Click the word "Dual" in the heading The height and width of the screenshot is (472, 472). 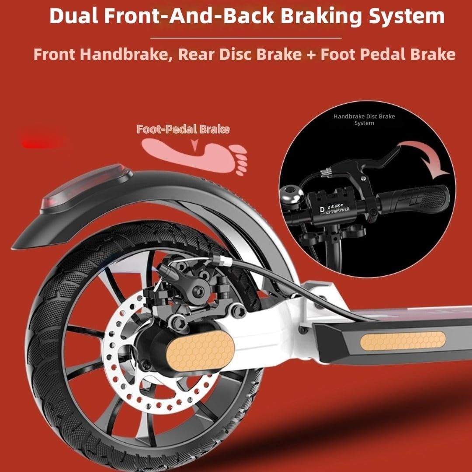tap(74, 16)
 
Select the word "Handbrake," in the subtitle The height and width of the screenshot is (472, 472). tap(126, 55)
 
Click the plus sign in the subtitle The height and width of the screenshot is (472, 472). tap(311, 55)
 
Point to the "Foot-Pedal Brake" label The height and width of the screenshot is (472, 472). tap(183, 129)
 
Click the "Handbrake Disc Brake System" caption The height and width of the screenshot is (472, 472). tap(364, 120)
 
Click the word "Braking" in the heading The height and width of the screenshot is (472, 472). tap(321, 16)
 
